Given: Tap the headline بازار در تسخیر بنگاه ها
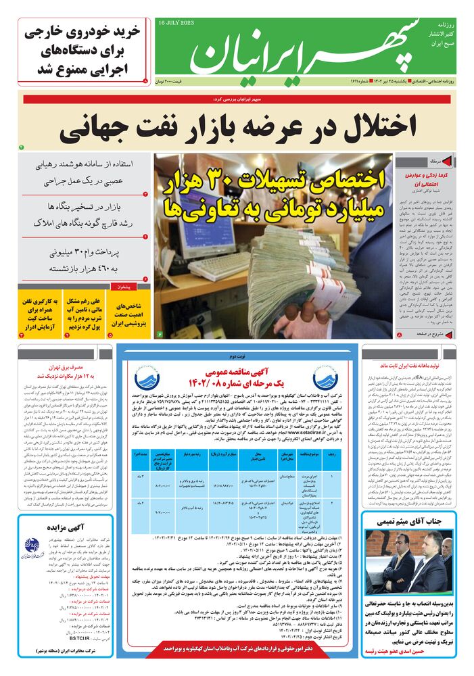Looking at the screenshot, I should click(85, 211).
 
